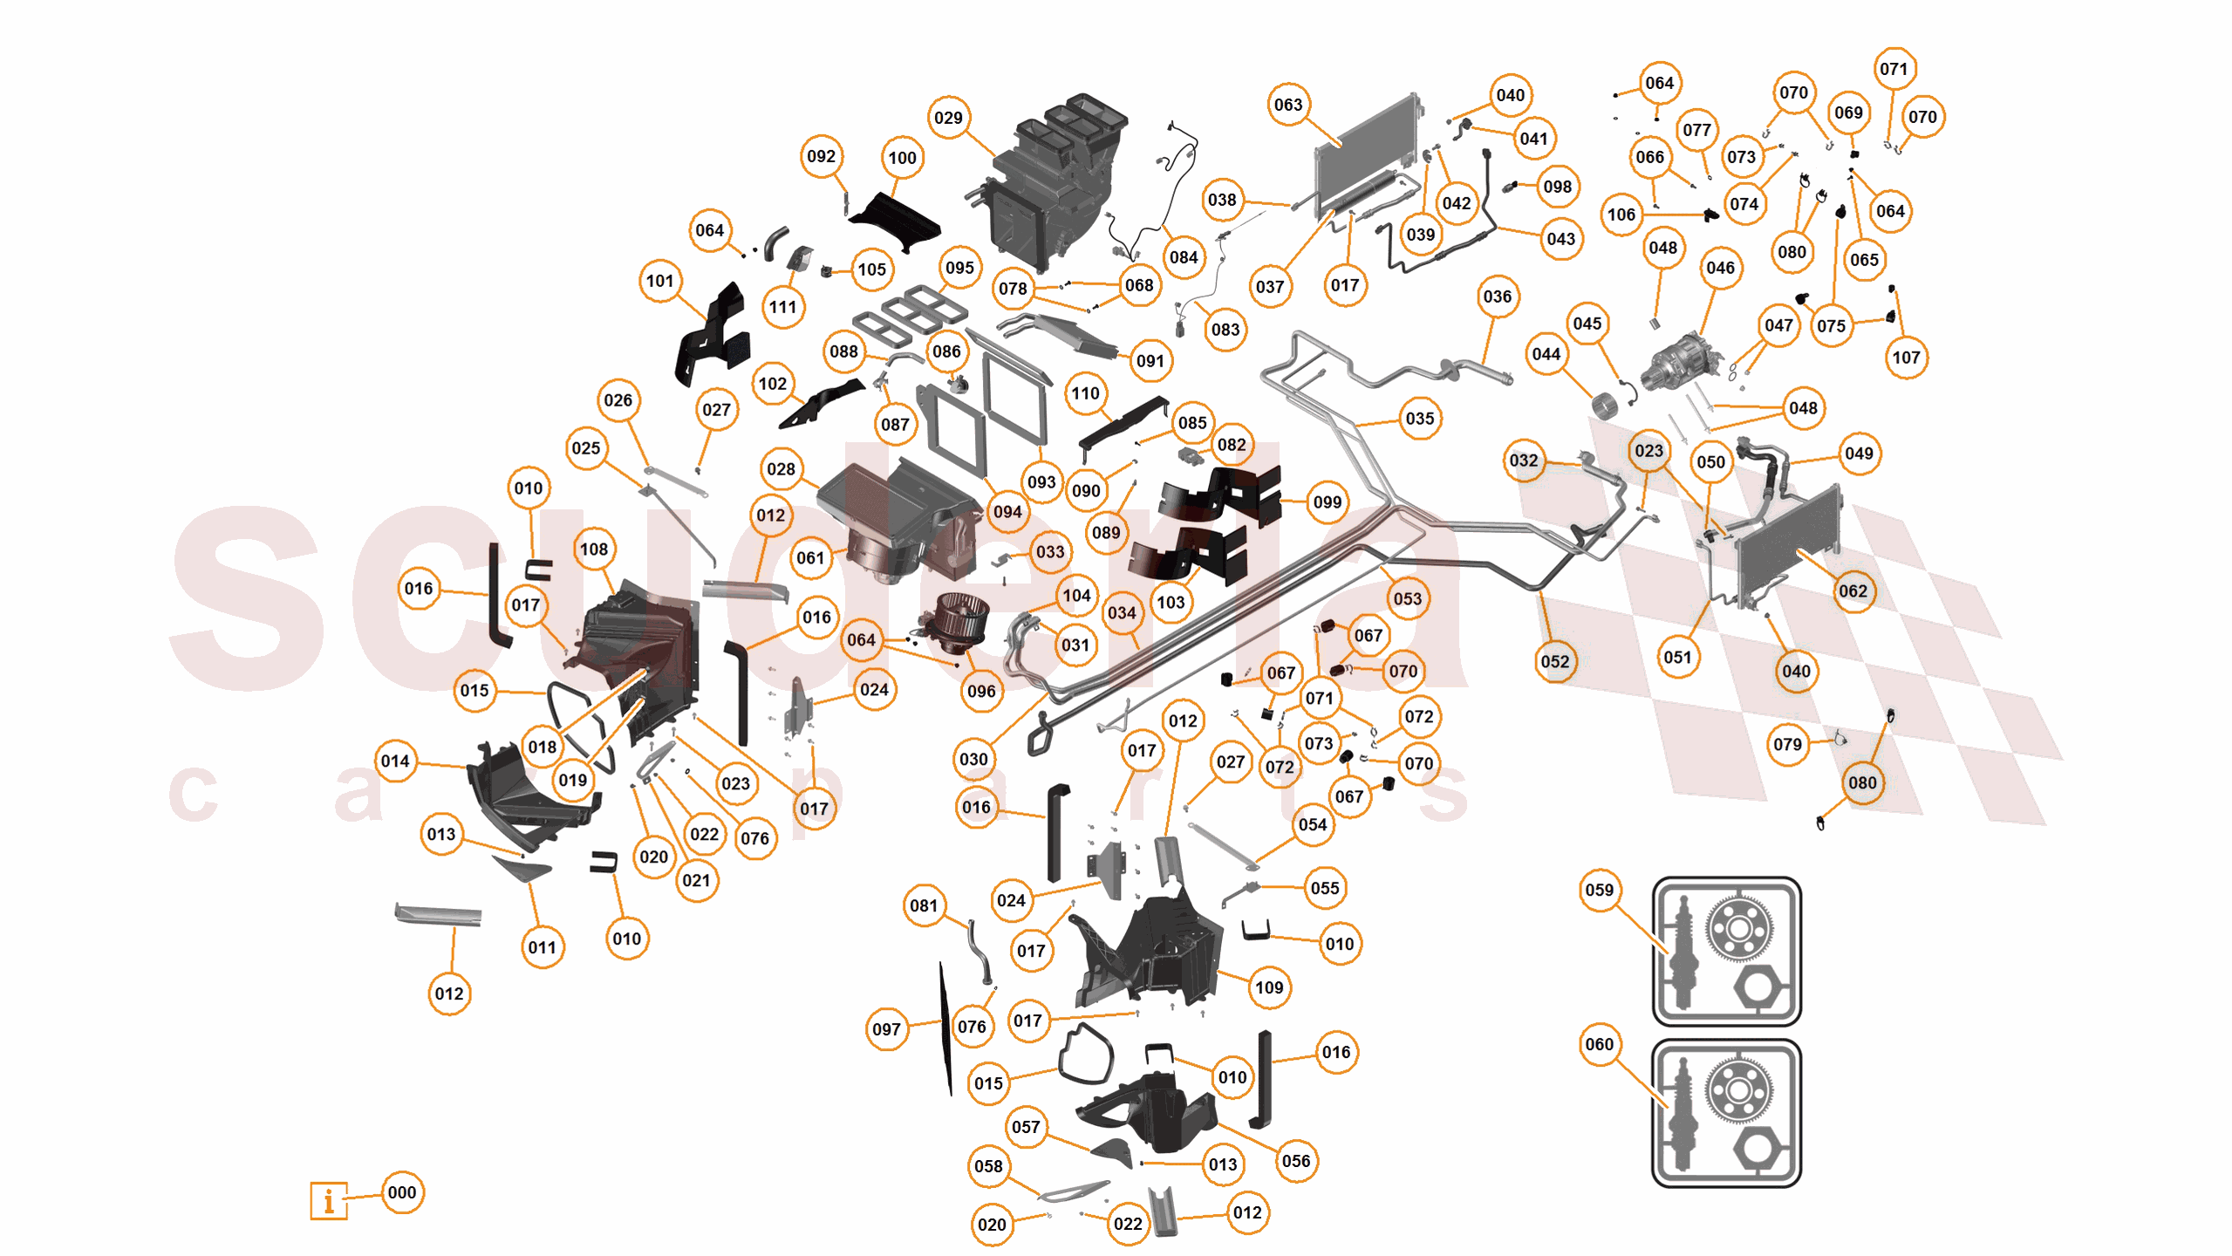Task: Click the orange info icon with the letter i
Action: tap(329, 1200)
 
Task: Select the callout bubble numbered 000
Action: tap(402, 1192)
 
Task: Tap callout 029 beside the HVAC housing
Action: tap(948, 118)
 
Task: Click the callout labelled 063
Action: tap(1288, 105)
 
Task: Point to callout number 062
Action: tap(1853, 590)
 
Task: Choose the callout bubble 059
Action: tap(1600, 890)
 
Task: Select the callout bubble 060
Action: tap(1600, 1044)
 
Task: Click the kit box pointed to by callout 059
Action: tap(1726, 951)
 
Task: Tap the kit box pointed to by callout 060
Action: tap(1726, 1113)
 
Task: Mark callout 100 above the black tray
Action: tap(902, 158)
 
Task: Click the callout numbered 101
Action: tap(660, 281)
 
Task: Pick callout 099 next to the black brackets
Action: tap(1328, 502)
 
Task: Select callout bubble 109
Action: tap(1269, 987)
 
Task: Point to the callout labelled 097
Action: tap(886, 1029)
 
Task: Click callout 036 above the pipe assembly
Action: tap(1498, 297)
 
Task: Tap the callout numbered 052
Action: tap(1555, 661)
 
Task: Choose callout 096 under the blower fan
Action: tap(981, 691)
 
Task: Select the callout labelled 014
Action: tap(395, 761)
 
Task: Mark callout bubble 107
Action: tap(1906, 357)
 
